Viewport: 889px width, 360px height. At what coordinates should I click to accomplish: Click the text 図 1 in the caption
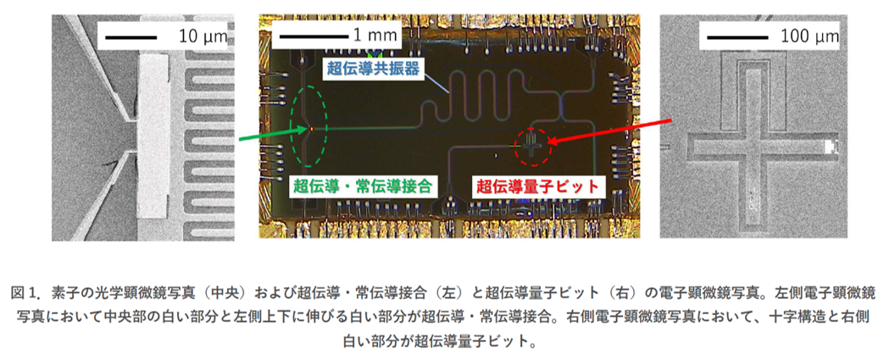[26, 292]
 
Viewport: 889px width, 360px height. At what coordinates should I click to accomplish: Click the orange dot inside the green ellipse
[310, 128]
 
